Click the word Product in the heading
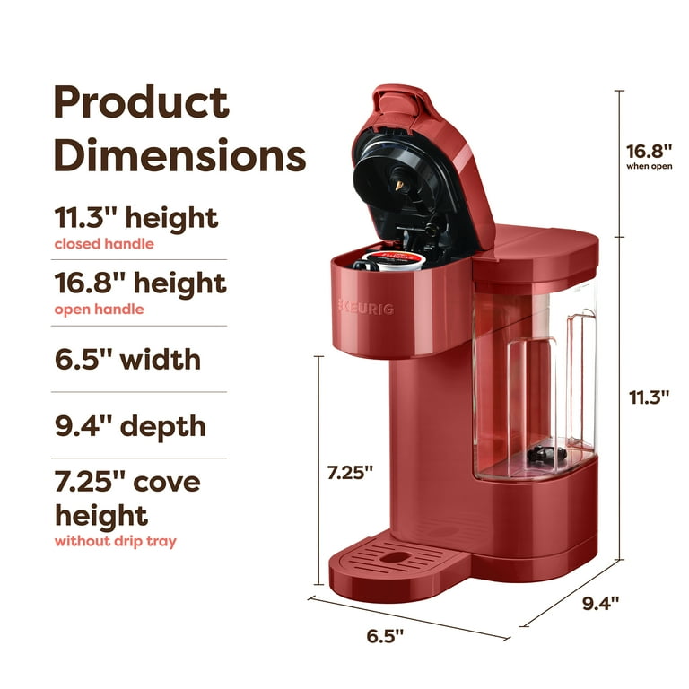141,103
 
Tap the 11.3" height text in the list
135,217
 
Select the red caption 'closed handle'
104,243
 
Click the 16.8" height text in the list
140,283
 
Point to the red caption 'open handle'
99,310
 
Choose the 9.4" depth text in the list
130,425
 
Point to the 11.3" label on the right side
649,397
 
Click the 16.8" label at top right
649,151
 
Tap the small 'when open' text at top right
649,167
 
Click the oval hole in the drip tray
390,556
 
